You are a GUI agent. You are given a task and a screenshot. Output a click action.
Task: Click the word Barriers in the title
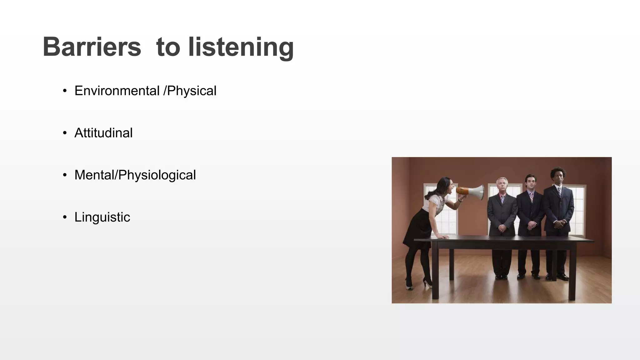point(92,47)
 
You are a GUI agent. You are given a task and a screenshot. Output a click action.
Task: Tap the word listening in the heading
point(241,47)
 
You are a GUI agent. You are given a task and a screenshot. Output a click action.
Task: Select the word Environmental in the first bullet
point(117,91)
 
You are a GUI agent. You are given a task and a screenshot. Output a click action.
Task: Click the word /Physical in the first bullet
point(190,91)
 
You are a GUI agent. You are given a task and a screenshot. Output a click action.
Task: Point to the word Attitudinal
point(103,133)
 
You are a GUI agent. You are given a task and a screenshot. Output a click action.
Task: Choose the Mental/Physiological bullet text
point(135,175)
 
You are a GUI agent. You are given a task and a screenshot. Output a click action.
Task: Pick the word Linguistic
point(102,217)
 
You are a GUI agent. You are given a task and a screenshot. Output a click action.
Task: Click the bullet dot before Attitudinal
point(65,133)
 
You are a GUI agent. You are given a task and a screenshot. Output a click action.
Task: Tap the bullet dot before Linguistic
point(65,217)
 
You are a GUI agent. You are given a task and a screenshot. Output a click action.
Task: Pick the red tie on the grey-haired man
point(502,199)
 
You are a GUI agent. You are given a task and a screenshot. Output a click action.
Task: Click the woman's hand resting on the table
point(443,237)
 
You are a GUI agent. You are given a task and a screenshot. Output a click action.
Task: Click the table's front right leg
point(572,272)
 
